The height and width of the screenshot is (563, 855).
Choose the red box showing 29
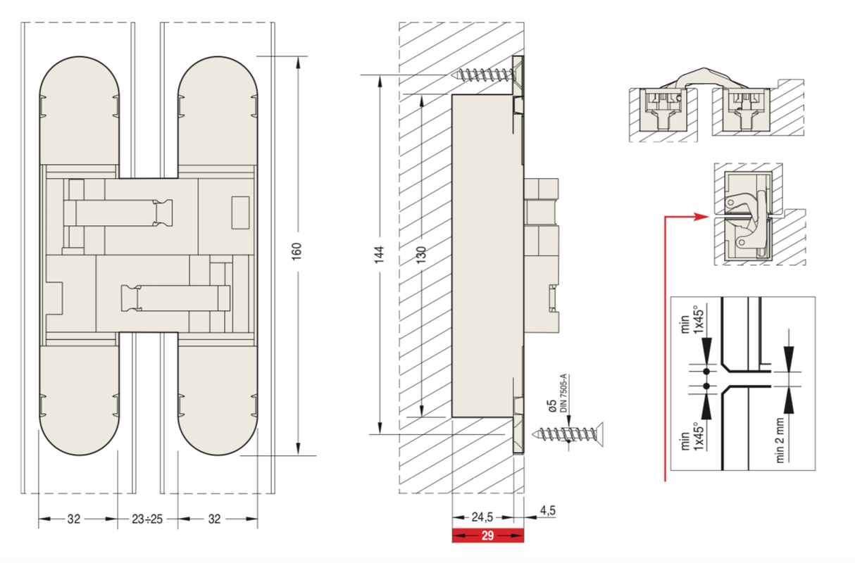coord(487,536)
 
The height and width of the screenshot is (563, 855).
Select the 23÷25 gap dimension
coord(147,519)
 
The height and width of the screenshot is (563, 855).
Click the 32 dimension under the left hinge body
coord(74,519)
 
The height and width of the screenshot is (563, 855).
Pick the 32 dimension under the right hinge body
coord(215,519)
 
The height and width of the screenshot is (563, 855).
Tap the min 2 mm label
coord(780,440)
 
